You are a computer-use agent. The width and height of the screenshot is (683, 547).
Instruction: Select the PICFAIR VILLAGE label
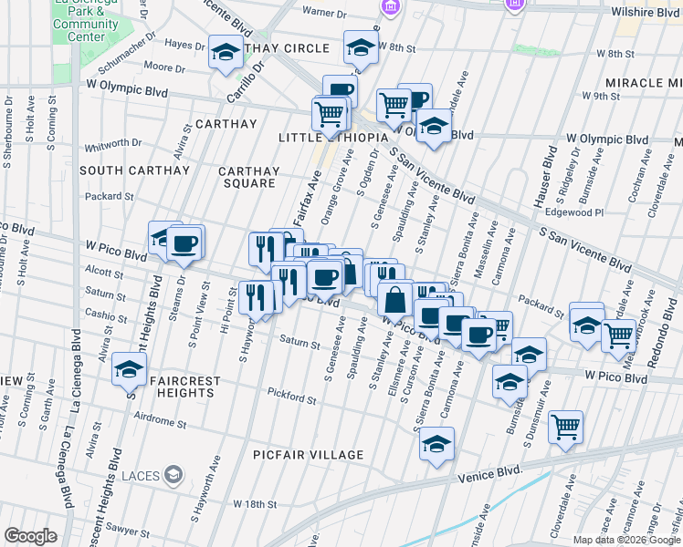pyautogui.click(x=310, y=455)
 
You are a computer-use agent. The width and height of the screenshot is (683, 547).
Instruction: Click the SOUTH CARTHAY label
pyautogui.click(x=134, y=170)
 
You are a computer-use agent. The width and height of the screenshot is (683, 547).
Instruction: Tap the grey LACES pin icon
pyautogui.click(x=176, y=473)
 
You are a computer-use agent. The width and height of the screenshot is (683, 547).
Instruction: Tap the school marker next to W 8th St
pyautogui.click(x=361, y=48)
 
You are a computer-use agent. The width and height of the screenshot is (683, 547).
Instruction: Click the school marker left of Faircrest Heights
pyautogui.click(x=129, y=369)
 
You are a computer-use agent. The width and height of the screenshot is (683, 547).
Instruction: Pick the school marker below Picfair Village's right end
pyautogui.click(x=437, y=445)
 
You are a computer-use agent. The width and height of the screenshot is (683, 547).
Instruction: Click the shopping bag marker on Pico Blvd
pyautogui.click(x=395, y=298)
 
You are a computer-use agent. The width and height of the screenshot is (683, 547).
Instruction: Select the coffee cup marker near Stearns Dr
pyautogui.click(x=184, y=243)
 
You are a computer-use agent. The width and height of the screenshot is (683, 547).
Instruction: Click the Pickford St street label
pyautogui.click(x=291, y=397)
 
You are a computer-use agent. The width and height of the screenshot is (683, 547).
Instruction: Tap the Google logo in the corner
pyautogui.click(x=30, y=535)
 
